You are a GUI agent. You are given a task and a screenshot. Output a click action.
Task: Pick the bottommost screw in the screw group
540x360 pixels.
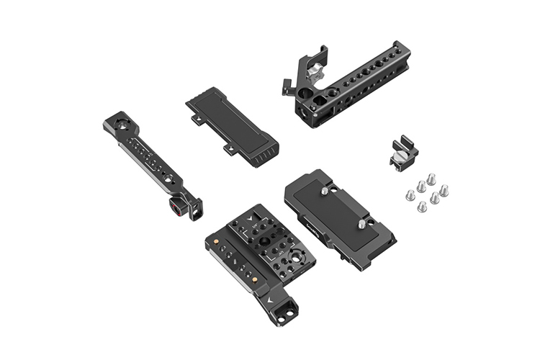click(x=422, y=207)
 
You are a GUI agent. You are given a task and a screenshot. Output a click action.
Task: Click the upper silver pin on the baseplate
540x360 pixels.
click(x=325, y=192)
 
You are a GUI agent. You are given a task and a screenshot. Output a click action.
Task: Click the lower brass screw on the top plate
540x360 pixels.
click(x=256, y=279)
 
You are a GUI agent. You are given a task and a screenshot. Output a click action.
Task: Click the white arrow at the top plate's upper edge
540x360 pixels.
click(x=249, y=215)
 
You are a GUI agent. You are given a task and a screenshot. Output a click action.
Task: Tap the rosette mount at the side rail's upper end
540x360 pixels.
click(x=115, y=122)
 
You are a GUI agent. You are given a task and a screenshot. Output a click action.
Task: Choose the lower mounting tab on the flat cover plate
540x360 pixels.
click(x=229, y=149)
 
